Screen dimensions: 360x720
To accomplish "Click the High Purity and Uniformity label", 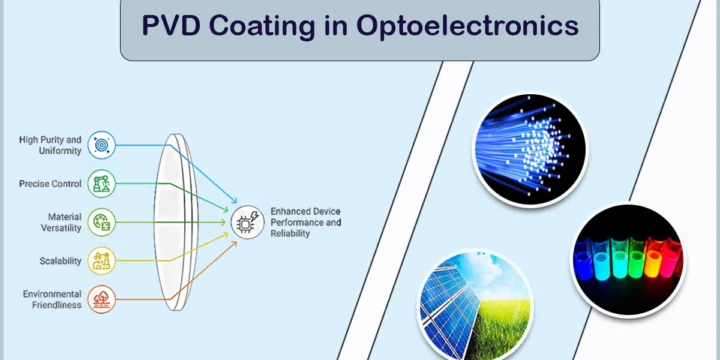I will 50,145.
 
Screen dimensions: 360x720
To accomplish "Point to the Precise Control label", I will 50,184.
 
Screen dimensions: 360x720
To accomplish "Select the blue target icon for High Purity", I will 101,145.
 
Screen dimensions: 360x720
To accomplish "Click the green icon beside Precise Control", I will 101,184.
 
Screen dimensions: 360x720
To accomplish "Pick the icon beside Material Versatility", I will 101,222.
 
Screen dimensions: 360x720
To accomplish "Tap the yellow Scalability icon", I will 101,261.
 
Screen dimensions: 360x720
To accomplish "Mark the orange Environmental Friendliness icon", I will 101,299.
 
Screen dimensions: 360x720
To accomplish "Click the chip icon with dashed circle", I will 248,222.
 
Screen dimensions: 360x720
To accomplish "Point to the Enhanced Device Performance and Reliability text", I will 305,222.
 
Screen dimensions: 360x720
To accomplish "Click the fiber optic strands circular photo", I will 530,149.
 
